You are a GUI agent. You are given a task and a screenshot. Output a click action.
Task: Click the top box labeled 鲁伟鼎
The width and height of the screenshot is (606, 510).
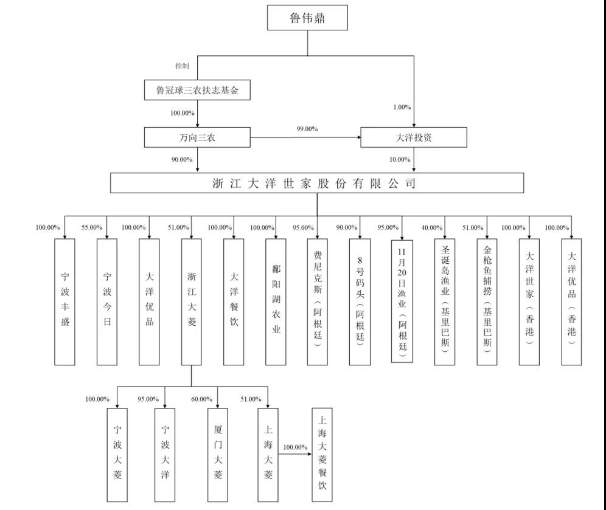(x=307, y=18)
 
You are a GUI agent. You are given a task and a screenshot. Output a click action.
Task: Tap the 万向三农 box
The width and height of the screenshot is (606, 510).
(x=197, y=137)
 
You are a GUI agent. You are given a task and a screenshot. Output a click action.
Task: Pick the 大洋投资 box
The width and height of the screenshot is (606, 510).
(x=414, y=137)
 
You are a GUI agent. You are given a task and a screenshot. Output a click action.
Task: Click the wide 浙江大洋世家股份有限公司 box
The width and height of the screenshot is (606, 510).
(x=316, y=183)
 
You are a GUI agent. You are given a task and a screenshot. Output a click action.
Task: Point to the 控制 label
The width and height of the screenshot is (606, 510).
(x=182, y=66)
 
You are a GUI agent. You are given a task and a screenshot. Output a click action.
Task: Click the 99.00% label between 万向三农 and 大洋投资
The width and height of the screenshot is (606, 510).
(x=307, y=129)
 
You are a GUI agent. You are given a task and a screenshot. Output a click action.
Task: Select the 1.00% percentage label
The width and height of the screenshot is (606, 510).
(x=402, y=107)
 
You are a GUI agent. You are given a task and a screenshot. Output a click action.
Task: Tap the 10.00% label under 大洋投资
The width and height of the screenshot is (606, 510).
(x=400, y=160)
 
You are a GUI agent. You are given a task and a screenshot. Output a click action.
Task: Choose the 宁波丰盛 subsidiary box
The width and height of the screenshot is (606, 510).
(x=65, y=302)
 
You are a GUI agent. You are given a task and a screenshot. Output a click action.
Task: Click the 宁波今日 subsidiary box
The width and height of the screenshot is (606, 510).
(x=107, y=302)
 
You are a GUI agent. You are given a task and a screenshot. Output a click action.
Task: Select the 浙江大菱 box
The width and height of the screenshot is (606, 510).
(x=192, y=302)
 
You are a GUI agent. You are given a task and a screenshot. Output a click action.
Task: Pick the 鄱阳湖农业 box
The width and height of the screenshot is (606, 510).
(x=276, y=302)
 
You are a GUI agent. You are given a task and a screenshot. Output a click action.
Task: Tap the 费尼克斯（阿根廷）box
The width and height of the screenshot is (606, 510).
(x=317, y=302)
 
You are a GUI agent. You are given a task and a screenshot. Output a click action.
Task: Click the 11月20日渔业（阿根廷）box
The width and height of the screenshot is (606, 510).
(x=402, y=300)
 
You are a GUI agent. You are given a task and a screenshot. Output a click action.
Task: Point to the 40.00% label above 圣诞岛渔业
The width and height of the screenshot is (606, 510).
(x=432, y=228)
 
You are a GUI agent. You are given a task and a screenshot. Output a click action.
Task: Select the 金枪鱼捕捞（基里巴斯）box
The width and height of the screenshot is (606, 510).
(x=487, y=302)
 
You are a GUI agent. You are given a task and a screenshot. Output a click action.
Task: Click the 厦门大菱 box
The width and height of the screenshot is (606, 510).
(x=218, y=455)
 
